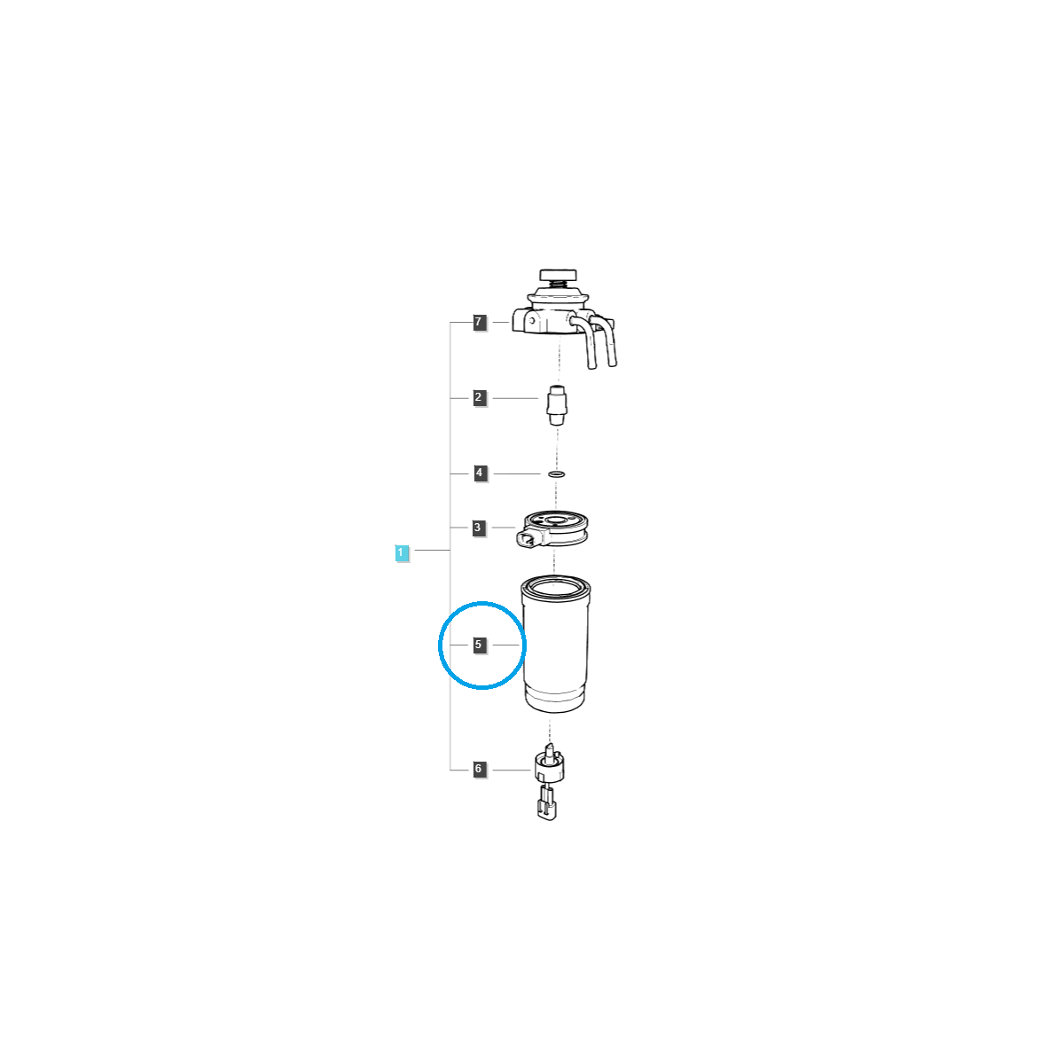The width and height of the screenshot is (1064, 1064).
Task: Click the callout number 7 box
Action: (479, 322)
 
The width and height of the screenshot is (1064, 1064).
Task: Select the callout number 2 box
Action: (479, 397)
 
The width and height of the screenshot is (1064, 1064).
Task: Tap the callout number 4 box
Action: (479, 473)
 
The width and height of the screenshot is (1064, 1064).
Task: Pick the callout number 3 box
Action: (478, 528)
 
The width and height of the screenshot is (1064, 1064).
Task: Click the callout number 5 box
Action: (479, 645)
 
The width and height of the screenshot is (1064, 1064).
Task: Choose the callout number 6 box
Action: (479, 769)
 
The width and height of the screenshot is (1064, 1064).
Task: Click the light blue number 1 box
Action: (402, 552)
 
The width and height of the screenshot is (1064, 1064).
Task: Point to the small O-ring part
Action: (557, 473)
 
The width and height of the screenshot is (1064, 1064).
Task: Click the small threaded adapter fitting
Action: (557, 406)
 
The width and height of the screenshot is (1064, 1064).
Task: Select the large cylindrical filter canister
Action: (555, 644)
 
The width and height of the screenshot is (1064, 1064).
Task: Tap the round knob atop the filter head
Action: (558, 275)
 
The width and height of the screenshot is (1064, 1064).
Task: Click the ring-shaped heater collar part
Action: (554, 527)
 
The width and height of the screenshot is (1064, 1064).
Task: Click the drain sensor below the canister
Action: (550, 763)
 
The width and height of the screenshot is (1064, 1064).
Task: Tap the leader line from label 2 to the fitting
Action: (515, 398)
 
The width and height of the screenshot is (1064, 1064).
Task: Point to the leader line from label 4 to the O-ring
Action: (517, 473)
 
